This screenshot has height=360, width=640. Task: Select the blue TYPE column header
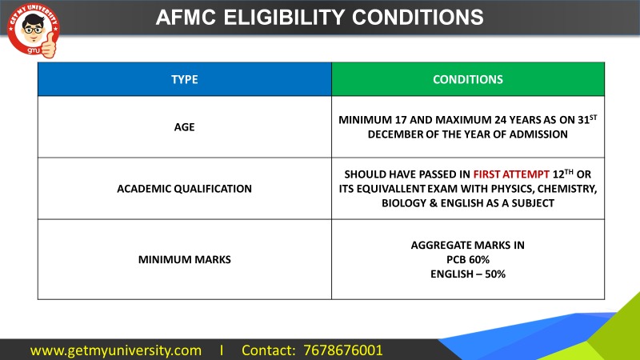(x=184, y=80)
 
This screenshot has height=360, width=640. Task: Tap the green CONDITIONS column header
(x=468, y=80)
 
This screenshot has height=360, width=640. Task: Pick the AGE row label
(x=184, y=126)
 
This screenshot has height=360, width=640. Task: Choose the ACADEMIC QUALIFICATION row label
(x=184, y=189)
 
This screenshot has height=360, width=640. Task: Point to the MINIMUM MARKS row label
(x=184, y=259)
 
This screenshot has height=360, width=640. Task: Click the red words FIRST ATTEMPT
(x=511, y=174)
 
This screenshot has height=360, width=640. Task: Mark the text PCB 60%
(x=468, y=259)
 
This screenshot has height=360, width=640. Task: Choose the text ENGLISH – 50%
(x=468, y=274)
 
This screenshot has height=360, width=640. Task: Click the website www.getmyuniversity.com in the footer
(x=116, y=350)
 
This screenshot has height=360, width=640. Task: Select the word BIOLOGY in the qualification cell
(x=410, y=204)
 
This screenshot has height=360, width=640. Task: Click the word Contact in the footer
(x=266, y=350)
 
